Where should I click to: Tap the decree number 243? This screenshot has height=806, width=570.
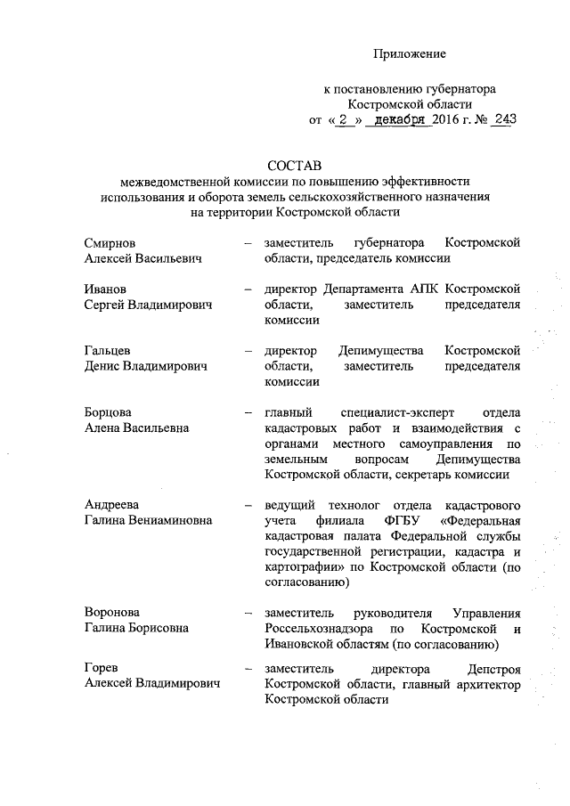coord(502,120)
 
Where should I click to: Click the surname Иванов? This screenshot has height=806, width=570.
coord(107,289)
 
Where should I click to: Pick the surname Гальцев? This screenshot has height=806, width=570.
coord(110,350)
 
